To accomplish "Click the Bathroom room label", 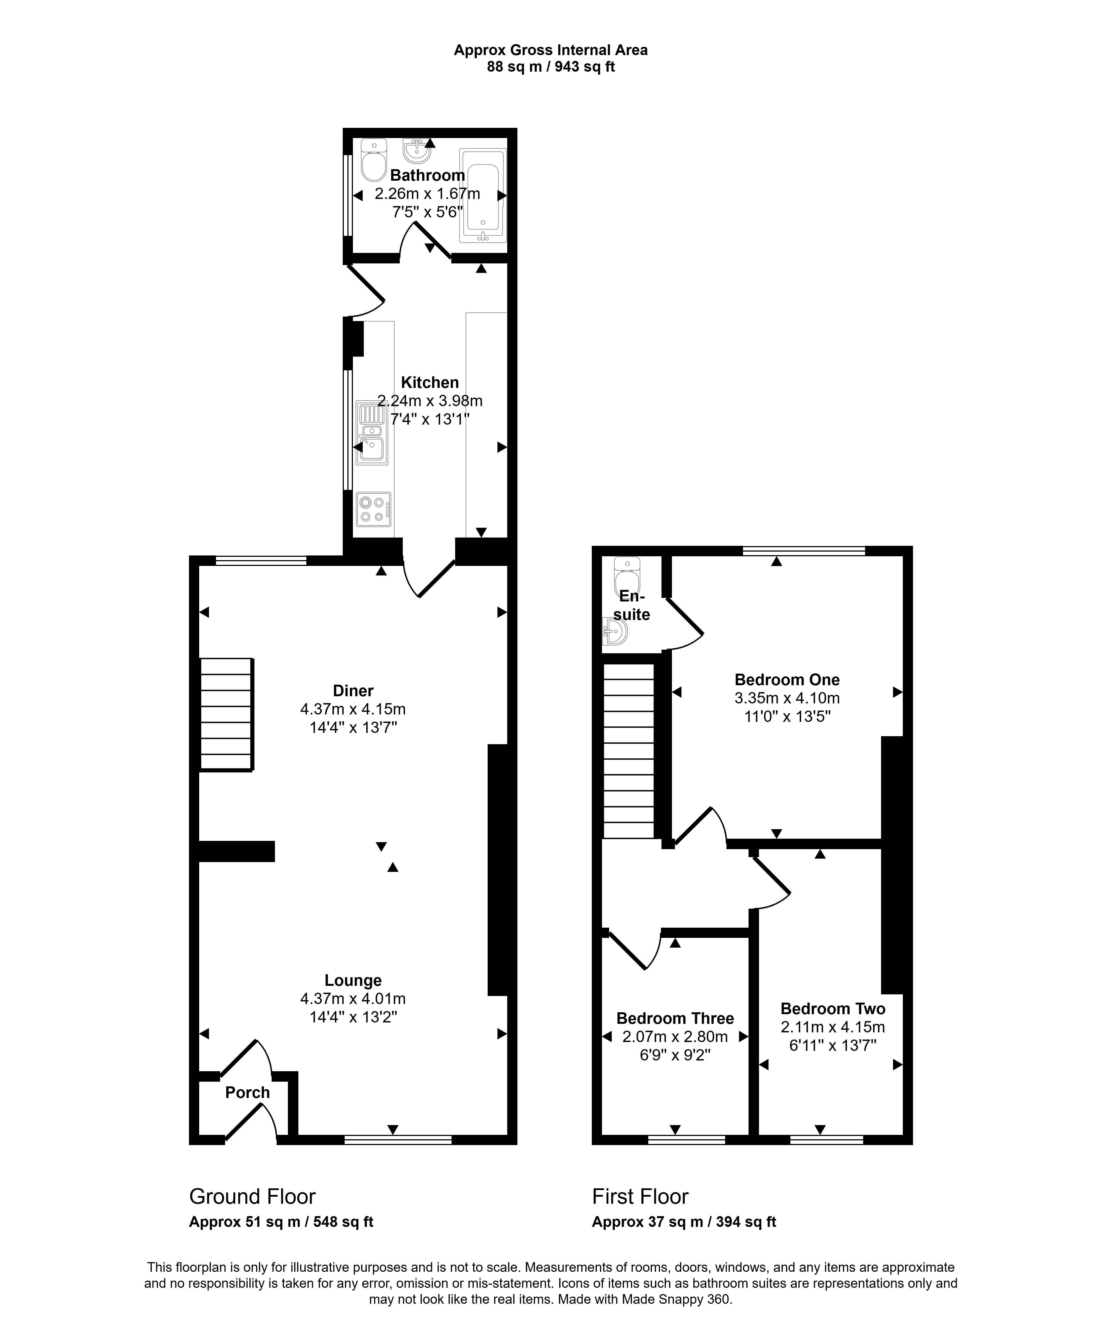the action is click(427, 175).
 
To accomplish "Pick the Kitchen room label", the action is click(430, 383).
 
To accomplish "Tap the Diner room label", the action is click(353, 690).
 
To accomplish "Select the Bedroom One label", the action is click(787, 680).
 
